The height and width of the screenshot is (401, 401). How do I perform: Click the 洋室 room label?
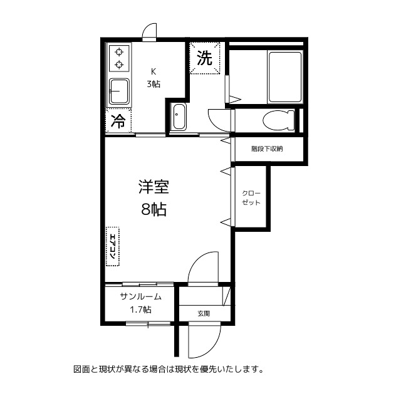click(x=154, y=187)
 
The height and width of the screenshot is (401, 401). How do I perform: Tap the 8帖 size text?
click(x=153, y=210)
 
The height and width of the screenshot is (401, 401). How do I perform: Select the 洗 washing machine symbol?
click(x=206, y=60)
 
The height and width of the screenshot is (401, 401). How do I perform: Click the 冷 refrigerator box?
click(x=117, y=122)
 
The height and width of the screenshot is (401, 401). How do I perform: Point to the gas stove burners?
click(x=118, y=58)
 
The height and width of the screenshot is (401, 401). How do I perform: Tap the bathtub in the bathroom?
click(x=286, y=76)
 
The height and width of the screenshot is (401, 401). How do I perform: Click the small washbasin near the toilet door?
click(x=179, y=117)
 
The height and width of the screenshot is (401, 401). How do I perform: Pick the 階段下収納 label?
click(x=268, y=149)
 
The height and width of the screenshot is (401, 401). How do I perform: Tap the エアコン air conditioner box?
click(x=113, y=246)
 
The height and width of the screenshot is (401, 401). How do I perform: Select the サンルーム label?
click(x=141, y=297)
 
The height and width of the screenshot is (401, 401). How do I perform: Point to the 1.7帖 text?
click(x=140, y=310)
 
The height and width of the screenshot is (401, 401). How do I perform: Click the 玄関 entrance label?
click(x=204, y=313)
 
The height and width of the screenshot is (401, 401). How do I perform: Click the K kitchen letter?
click(x=153, y=70)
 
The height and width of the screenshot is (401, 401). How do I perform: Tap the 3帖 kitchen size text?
click(x=154, y=84)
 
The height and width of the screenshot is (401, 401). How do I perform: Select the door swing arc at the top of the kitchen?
click(x=150, y=31)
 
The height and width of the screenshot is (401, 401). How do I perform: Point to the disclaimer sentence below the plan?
click(x=168, y=369)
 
